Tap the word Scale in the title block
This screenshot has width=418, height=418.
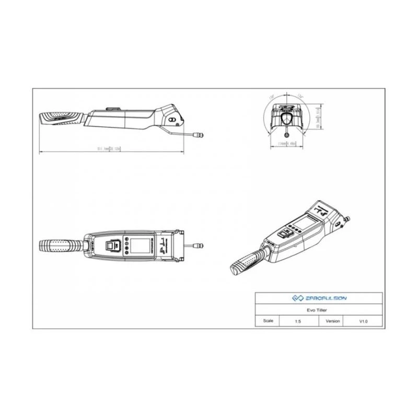(x=269, y=321)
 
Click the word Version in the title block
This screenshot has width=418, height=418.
(x=332, y=321)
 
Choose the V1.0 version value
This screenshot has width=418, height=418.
(x=364, y=321)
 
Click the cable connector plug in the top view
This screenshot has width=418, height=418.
(x=198, y=243)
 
